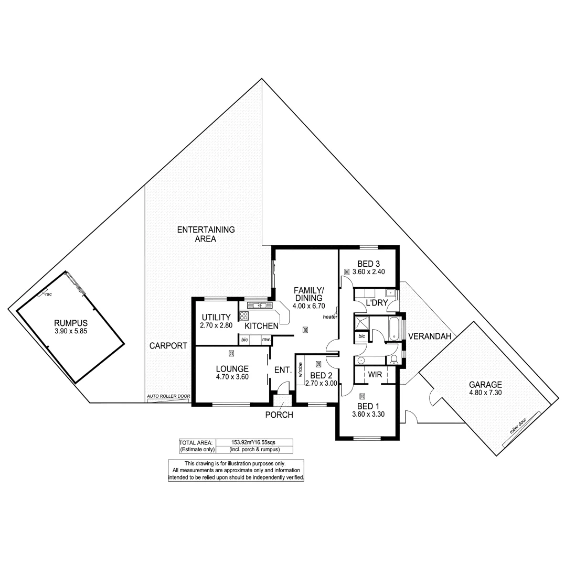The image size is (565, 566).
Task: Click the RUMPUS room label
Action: [x=70, y=323]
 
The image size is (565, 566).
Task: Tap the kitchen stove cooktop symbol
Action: [x=243, y=315]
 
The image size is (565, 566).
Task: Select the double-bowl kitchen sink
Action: [x=258, y=305]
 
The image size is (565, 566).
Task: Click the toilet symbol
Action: [x=394, y=360]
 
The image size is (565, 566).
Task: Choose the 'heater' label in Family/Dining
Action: [x=330, y=317]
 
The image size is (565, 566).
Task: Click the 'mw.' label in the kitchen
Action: [x=266, y=340]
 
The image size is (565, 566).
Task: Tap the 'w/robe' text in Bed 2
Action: [x=301, y=370]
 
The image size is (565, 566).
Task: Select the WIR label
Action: [x=375, y=375]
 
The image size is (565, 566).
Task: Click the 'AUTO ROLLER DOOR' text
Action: [x=168, y=396]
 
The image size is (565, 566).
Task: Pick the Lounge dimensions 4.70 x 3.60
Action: [x=232, y=376]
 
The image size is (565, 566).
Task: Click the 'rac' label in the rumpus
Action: [x=48, y=294]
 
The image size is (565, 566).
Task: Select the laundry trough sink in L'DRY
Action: [x=389, y=293]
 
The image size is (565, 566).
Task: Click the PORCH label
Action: [x=280, y=415]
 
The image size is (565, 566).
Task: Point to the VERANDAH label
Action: [x=430, y=336]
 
